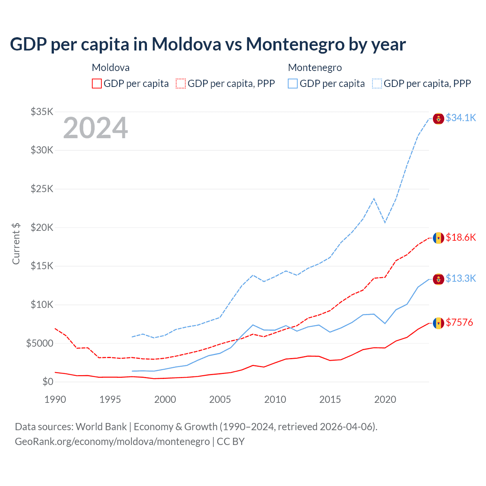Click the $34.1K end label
click(461, 118)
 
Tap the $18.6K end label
click(461, 238)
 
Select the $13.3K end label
click(461, 279)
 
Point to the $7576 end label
click(459, 323)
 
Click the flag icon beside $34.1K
click(439, 118)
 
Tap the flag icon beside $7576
click(439, 323)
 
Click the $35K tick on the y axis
click(42, 112)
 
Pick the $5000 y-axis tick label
click(40, 344)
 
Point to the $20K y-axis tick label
click(42, 228)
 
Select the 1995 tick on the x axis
click(110, 399)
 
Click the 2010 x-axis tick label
click(275, 399)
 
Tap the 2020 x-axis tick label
click(385, 399)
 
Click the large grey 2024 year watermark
click(95, 128)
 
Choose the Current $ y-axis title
click(16, 243)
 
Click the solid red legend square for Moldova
click(97, 84)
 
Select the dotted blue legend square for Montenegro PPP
click(377, 84)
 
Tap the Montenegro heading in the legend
click(315, 68)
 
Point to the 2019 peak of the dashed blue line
click(374, 199)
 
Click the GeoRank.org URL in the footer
click(112, 442)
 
